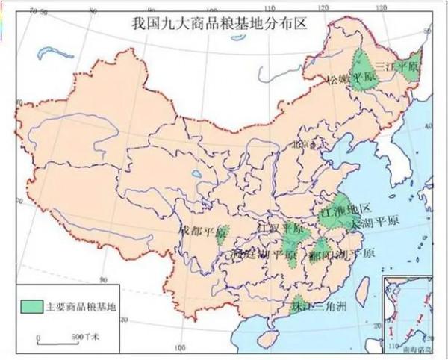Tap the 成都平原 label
(x=202, y=232)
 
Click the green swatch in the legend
(x=31, y=306)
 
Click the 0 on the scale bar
(x=38, y=338)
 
